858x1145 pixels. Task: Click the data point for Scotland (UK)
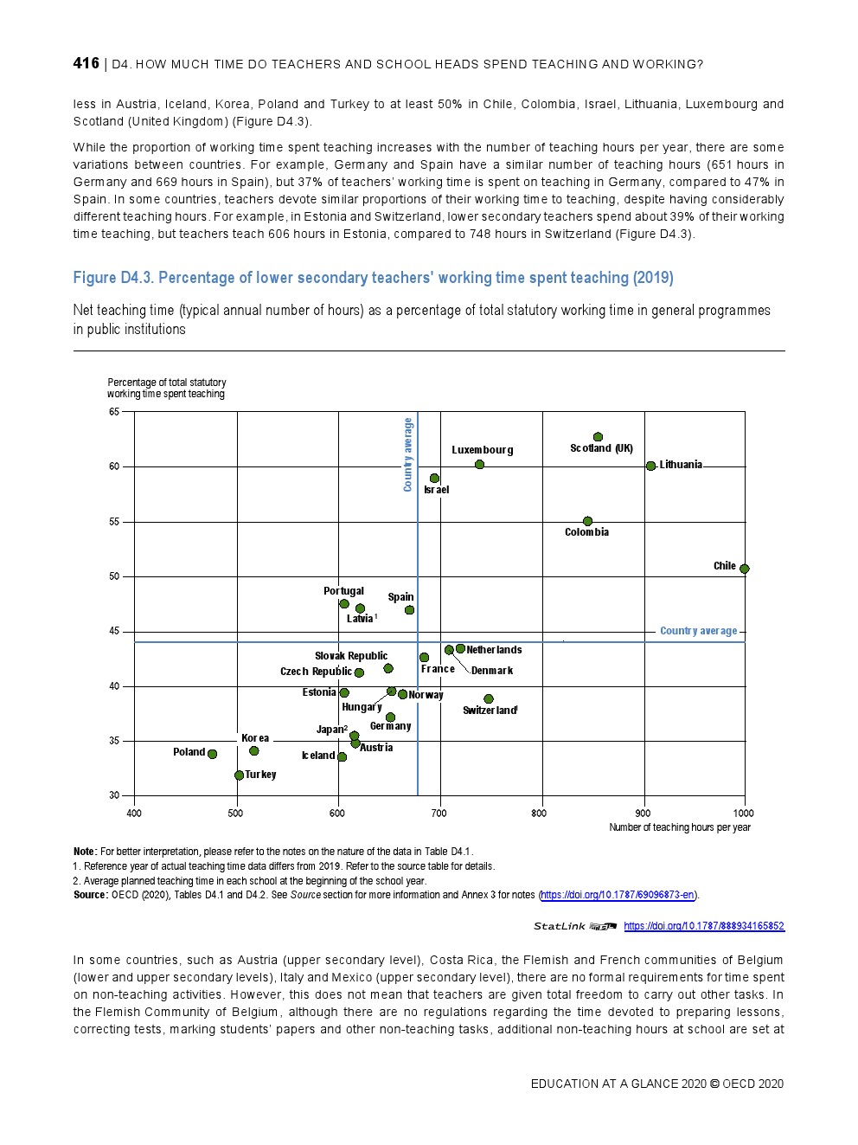coord(598,437)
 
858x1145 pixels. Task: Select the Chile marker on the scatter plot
coord(744,569)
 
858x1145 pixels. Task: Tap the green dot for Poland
coord(213,755)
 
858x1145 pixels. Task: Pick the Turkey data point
coord(239,775)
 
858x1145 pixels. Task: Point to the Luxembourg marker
coord(479,465)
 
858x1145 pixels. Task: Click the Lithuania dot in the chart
coord(650,466)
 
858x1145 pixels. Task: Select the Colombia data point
coord(587,521)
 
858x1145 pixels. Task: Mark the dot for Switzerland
coord(489,698)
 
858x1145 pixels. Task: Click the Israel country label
coord(436,490)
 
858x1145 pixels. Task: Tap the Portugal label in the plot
coord(343,591)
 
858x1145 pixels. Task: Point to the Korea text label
coord(255,738)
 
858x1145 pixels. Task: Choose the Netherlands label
coord(494,650)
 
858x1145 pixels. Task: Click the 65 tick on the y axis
coord(114,412)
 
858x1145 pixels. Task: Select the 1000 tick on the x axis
coord(743,813)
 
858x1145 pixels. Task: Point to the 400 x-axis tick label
coord(134,813)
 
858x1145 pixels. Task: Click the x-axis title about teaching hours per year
coord(679,827)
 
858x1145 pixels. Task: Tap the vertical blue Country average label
coord(408,454)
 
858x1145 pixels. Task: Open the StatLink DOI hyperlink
coord(704,926)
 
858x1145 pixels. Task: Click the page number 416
coord(86,63)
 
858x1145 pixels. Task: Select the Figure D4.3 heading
coord(373,278)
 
